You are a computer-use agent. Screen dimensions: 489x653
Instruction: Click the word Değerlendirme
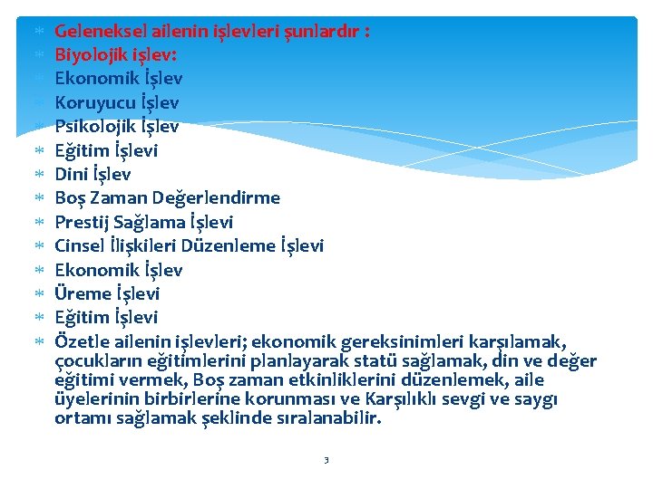click(x=231, y=197)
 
